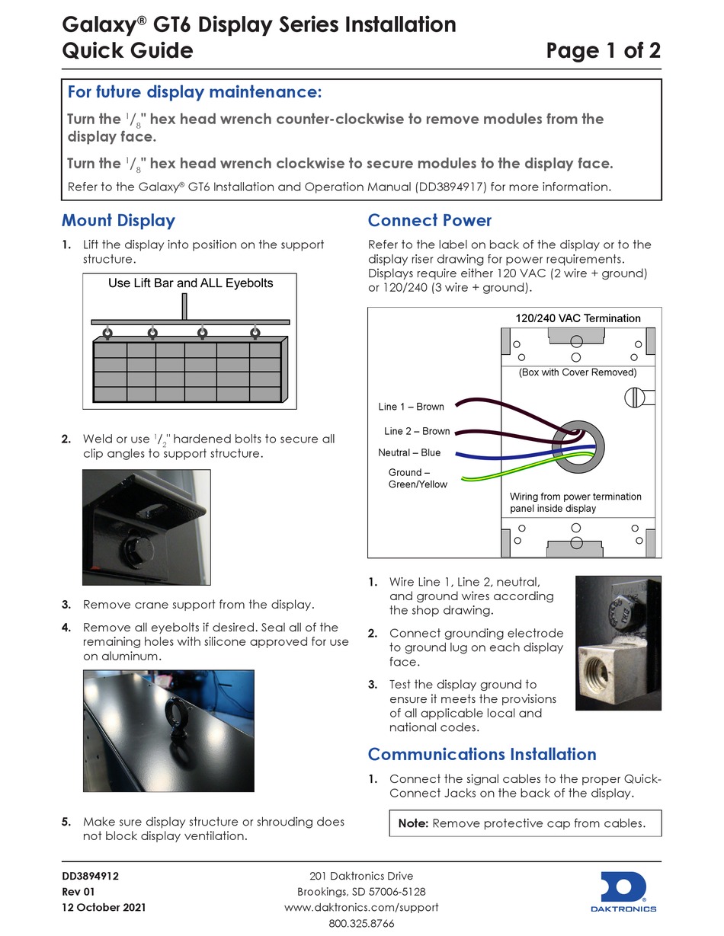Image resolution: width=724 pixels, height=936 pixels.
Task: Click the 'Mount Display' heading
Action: click(118, 221)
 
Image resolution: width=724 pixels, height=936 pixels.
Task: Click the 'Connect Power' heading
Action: click(430, 221)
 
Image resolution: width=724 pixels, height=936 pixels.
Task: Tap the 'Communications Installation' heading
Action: click(482, 754)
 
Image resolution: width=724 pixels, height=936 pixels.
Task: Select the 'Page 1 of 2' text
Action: click(603, 51)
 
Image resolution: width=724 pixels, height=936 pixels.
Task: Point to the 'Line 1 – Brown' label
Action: click(411, 407)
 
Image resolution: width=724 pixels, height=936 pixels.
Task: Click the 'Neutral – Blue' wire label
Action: click(409, 452)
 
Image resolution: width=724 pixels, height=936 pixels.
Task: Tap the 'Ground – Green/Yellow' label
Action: click(418, 478)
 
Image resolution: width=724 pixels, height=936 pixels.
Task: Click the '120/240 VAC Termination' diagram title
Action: click(573, 318)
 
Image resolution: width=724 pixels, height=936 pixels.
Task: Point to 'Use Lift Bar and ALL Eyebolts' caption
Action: click(191, 283)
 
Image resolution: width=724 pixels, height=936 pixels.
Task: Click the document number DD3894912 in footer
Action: click(90, 876)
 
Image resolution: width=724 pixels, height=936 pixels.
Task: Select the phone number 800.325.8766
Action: click(361, 923)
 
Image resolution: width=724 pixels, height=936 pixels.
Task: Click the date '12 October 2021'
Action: click(104, 908)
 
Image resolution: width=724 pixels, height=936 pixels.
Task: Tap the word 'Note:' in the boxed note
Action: click(413, 823)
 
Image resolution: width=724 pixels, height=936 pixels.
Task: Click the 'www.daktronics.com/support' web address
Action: click(361, 907)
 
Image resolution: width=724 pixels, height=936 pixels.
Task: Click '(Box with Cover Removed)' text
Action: click(577, 372)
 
